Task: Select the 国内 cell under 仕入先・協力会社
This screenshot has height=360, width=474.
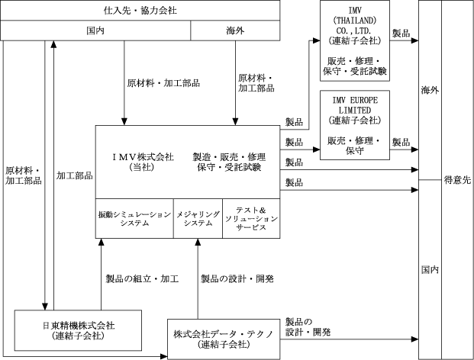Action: [94, 31]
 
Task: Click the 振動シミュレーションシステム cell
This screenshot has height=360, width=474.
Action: [134, 219]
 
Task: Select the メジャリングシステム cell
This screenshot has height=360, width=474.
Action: [198, 219]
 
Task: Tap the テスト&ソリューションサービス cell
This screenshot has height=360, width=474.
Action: [251, 219]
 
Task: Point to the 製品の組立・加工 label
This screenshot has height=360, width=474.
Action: [141, 279]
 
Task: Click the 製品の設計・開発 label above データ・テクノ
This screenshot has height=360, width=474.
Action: [237, 279]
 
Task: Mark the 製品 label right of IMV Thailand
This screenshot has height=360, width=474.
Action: [401, 34]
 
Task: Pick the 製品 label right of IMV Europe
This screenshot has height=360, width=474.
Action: [401, 143]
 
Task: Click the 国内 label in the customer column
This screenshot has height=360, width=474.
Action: [430, 270]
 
